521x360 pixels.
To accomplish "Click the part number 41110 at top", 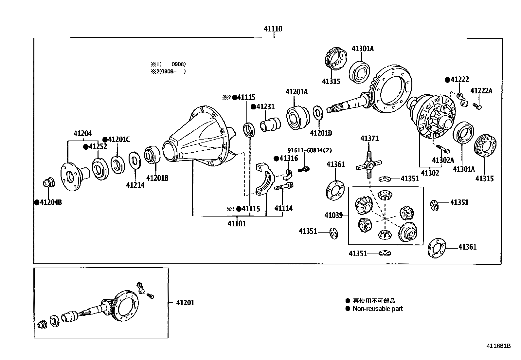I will point(273,29).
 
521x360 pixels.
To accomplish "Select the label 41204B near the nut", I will point(51,202).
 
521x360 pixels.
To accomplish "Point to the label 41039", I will point(333,215).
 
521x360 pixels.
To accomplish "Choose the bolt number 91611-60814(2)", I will point(309,150).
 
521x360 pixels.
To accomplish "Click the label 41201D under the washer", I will point(321,133).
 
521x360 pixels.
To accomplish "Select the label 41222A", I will point(481,91).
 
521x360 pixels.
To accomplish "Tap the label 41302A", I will point(443,160).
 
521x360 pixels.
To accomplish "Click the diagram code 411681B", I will point(498,346).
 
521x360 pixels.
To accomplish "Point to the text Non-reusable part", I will point(377,309).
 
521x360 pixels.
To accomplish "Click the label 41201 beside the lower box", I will point(185,303).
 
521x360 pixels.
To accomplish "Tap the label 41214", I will point(135,185).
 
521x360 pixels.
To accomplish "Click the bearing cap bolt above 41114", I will point(283,188).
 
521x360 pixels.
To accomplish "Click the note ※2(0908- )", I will point(168,71).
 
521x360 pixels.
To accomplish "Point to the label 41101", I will point(237,224).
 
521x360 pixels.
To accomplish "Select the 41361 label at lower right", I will point(467,247).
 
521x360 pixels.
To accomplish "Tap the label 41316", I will point(288,159).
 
